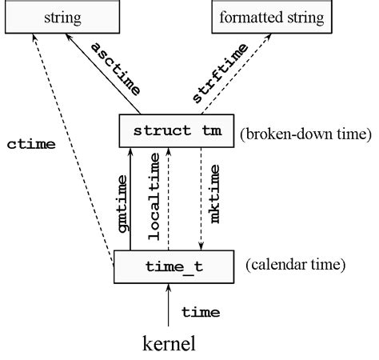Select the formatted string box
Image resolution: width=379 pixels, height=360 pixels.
coord(271,16)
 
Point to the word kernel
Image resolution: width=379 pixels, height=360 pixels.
coord(168,345)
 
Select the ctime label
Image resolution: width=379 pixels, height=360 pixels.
coord(30,145)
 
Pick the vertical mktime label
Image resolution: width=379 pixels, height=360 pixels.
coord(214,200)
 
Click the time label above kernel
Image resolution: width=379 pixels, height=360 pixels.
coord(200,310)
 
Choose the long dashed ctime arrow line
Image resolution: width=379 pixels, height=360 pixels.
coord(76,144)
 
